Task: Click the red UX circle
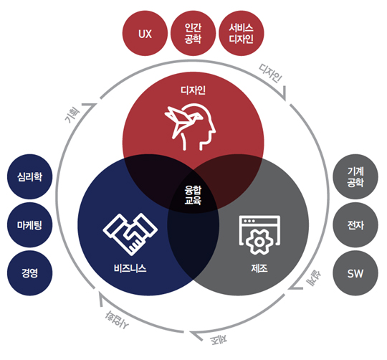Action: point(145,33)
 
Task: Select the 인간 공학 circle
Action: point(193,33)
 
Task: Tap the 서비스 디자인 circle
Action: point(241,33)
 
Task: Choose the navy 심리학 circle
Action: point(29,176)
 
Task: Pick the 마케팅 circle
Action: point(29,225)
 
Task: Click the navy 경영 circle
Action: point(29,273)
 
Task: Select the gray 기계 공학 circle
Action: point(355,176)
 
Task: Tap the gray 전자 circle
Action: point(355,225)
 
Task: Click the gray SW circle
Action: point(355,273)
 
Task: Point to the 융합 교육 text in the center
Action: point(193,195)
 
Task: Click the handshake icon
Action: point(130,234)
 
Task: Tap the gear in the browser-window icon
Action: point(259,242)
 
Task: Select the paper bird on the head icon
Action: point(183,120)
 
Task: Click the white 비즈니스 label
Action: point(130,268)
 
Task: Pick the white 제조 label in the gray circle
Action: point(259,268)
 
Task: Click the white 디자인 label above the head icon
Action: point(193,90)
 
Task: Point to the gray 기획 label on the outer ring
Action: point(72,115)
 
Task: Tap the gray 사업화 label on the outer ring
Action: point(117,320)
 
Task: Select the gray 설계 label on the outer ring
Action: point(313,278)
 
